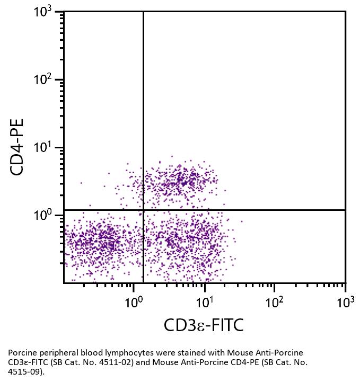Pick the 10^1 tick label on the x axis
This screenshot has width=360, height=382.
(x=204, y=302)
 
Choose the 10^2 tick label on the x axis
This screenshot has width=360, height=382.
(x=274, y=302)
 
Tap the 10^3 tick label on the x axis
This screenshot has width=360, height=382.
(x=345, y=302)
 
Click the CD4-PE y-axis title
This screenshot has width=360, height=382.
(x=18, y=147)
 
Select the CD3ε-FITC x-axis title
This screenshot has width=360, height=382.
(x=204, y=325)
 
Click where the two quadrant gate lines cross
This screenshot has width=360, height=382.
(x=143, y=210)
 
